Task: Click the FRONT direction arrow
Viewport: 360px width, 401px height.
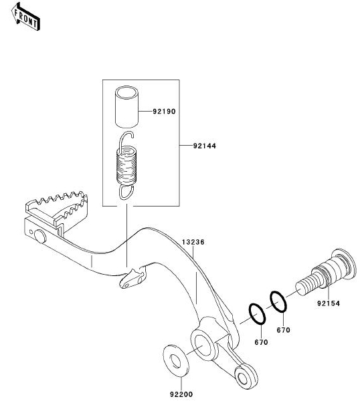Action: [x=25, y=17]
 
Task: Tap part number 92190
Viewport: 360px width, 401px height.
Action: [x=164, y=112]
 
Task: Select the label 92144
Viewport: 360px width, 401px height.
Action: [x=205, y=146]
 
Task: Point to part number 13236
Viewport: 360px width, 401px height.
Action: [x=193, y=242]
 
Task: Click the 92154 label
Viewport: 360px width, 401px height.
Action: [x=329, y=303]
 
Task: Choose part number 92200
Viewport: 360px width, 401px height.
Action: [x=181, y=394]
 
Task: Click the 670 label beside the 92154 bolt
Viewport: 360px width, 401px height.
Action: [x=284, y=330]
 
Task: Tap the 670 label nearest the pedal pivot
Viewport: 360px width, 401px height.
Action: [x=261, y=342]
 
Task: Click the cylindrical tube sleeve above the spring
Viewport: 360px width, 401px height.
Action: [x=126, y=107]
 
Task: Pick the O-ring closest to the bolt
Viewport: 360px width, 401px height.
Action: [x=278, y=302]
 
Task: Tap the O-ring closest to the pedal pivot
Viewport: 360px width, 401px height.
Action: [x=257, y=314]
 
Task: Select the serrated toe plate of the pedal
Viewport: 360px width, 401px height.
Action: [x=58, y=208]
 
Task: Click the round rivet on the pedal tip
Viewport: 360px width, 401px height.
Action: [x=40, y=237]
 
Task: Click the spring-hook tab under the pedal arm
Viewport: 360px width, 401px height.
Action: [x=132, y=278]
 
